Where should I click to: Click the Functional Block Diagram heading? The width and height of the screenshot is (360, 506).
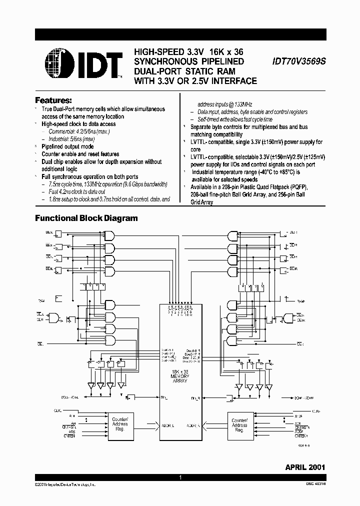tap(86, 218)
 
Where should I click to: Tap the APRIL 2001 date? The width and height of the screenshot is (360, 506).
tap(305, 467)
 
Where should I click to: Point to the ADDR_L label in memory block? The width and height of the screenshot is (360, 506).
tap(168, 425)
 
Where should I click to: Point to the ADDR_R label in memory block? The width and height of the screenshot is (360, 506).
tap(192, 425)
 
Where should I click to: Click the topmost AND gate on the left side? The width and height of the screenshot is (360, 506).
tap(109, 235)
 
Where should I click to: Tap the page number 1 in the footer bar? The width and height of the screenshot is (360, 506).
tap(180, 478)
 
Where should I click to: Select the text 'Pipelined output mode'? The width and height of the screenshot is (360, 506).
tap(67, 146)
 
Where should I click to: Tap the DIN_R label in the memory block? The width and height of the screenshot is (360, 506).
tap(194, 398)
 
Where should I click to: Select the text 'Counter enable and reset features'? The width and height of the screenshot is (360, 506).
tap(80, 154)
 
